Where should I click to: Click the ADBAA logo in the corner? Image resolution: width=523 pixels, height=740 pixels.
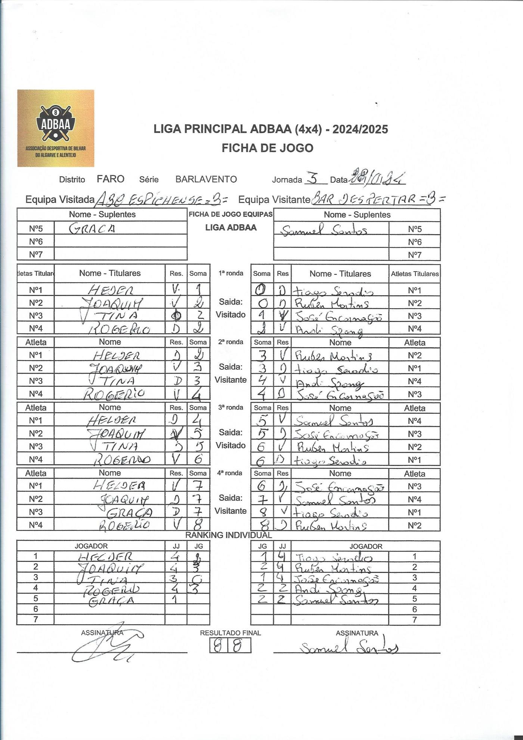(56, 128)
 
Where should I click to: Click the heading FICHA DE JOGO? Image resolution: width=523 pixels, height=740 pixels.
(267, 148)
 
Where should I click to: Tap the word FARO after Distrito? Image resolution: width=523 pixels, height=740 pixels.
(111, 179)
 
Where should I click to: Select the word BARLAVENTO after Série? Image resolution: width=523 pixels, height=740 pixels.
(206, 179)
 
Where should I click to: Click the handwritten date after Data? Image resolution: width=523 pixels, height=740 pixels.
(377, 178)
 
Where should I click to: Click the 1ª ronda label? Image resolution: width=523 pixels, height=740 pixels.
(231, 273)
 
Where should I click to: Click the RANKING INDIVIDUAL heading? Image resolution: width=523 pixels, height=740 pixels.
(229, 535)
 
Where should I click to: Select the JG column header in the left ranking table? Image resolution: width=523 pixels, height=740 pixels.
(198, 546)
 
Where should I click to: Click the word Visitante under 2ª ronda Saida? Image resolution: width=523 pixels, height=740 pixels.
(231, 380)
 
